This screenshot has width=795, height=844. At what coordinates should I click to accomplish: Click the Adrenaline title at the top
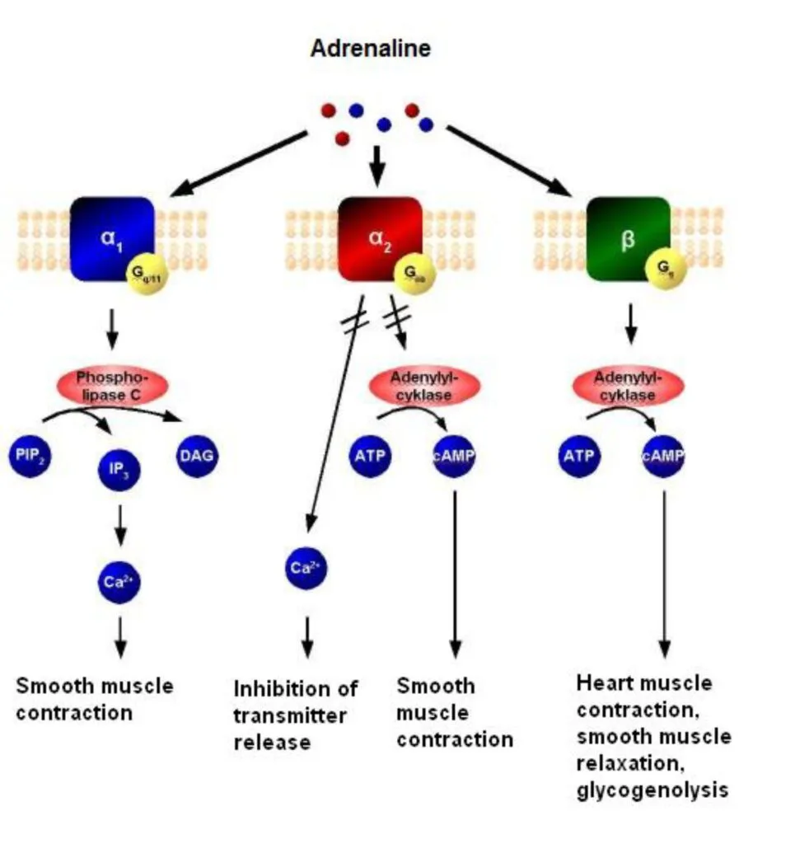370,49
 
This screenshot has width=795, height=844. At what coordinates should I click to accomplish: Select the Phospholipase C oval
113,385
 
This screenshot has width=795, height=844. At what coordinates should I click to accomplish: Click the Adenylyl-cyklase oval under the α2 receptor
423,385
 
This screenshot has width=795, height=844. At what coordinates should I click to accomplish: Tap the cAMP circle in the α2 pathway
454,456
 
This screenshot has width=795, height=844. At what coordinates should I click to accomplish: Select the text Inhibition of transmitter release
296,715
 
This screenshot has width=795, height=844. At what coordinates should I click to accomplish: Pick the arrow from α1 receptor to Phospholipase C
114,329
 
